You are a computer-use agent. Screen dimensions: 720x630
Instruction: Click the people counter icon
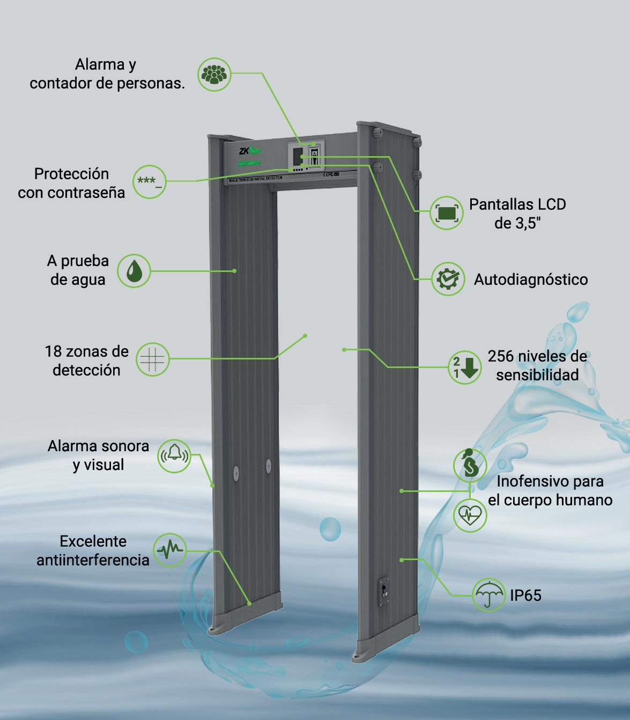coord(214,75)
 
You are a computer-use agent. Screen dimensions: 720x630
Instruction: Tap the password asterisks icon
coord(149,181)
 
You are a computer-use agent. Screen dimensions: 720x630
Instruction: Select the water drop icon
coord(134,271)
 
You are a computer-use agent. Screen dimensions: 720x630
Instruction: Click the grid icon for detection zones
coord(152,358)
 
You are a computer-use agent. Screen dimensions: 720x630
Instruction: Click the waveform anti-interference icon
coord(169,549)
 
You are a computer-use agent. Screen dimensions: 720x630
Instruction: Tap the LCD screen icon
coord(447,213)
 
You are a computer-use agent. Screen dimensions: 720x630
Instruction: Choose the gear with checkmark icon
coord(448,279)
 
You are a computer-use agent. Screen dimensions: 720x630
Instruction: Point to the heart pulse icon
coord(470,516)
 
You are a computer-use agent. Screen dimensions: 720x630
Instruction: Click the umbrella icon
coord(488,594)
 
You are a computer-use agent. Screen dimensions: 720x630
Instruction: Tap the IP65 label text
coord(525,595)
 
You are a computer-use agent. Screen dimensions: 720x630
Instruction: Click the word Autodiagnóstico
coord(530,280)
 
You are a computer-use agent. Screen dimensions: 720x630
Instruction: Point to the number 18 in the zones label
coord(53,352)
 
